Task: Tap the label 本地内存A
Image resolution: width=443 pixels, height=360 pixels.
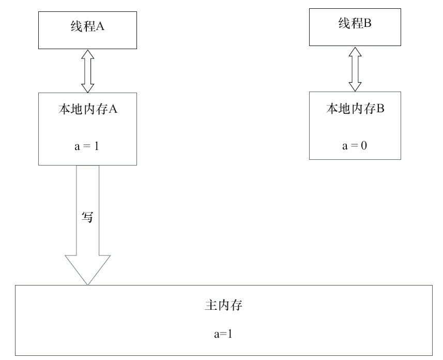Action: [x=87, y=110]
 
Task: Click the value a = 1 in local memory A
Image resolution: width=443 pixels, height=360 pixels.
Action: [x=87, y=146]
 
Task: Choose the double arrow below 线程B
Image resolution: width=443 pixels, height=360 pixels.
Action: [x=355, y=68]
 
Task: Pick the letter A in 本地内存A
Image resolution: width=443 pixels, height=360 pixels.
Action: [x=116, y=110]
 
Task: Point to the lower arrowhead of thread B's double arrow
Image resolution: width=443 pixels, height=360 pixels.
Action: [x=355, y=85]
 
